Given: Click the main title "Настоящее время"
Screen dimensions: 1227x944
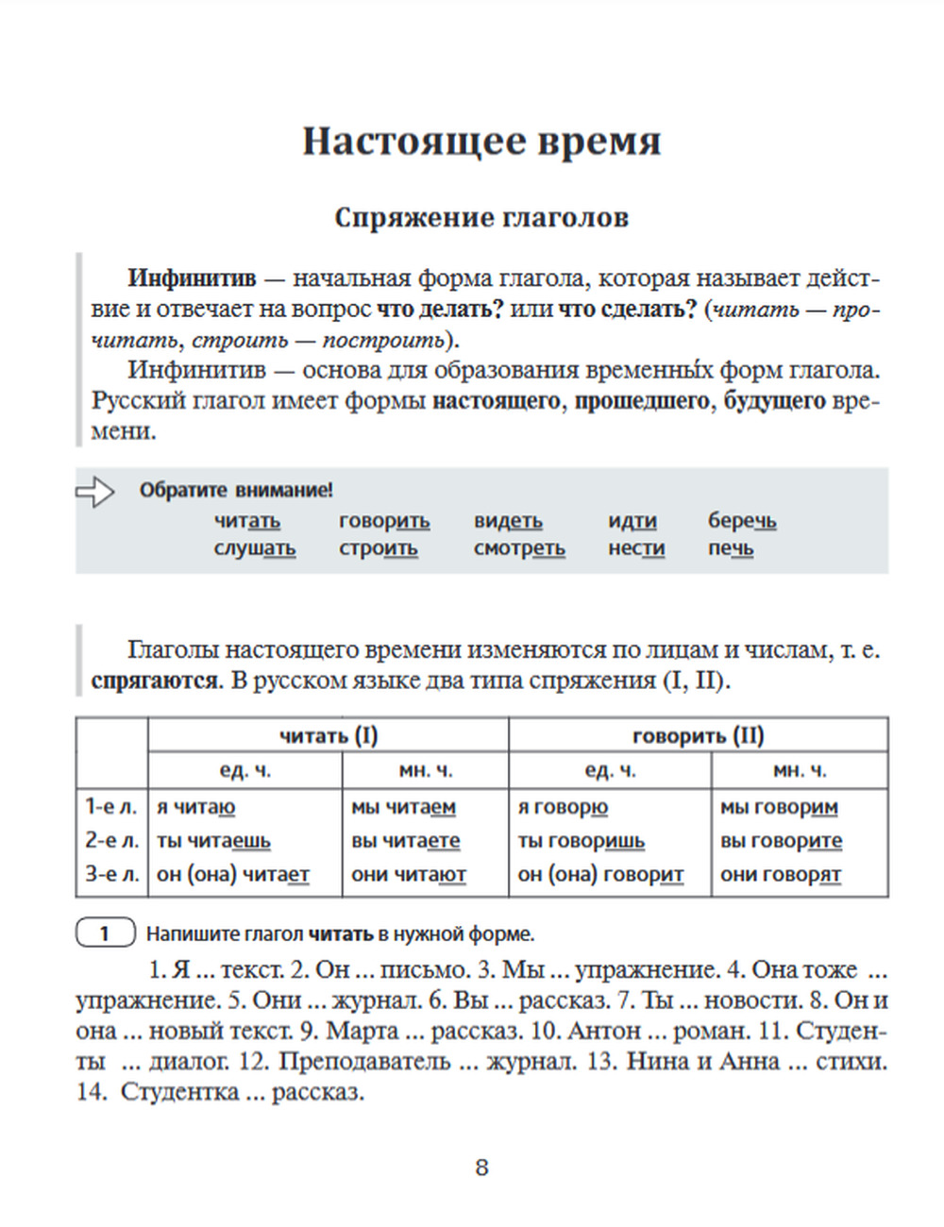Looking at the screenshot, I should pos(481,142).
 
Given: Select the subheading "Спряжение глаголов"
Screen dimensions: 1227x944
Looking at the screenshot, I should pos(481,218).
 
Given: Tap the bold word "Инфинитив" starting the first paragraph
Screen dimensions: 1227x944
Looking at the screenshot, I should pos(192,278).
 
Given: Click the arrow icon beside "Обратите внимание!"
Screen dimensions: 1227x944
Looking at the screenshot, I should pos(94,491).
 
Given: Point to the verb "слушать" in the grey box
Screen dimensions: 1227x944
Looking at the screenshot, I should pos(254,548).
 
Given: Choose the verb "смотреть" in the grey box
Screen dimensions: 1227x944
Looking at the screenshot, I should pos(519,548).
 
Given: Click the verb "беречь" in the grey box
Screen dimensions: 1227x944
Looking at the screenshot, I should pos(742,520).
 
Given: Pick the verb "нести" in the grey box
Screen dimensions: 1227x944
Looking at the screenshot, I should pos(636,548).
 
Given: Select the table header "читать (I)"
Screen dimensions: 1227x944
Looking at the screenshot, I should pos(328,735).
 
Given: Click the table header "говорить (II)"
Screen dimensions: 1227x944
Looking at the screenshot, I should pos(698,735).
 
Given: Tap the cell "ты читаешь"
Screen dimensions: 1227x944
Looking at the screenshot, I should pos(213,841).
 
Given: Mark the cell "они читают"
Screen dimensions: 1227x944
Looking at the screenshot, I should pos(409,875).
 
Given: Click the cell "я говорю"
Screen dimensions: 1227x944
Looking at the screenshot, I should pos(563,808).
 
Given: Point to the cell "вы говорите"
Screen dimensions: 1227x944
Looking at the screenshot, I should pos(781,841).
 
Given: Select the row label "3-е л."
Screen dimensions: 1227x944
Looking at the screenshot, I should pos(111,875).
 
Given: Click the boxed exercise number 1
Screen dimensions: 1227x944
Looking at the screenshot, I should pos(105,934).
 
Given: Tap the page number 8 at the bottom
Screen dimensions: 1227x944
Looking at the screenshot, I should pos(481,1168).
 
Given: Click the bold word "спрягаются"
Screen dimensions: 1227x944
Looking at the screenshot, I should pos(155,681).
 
